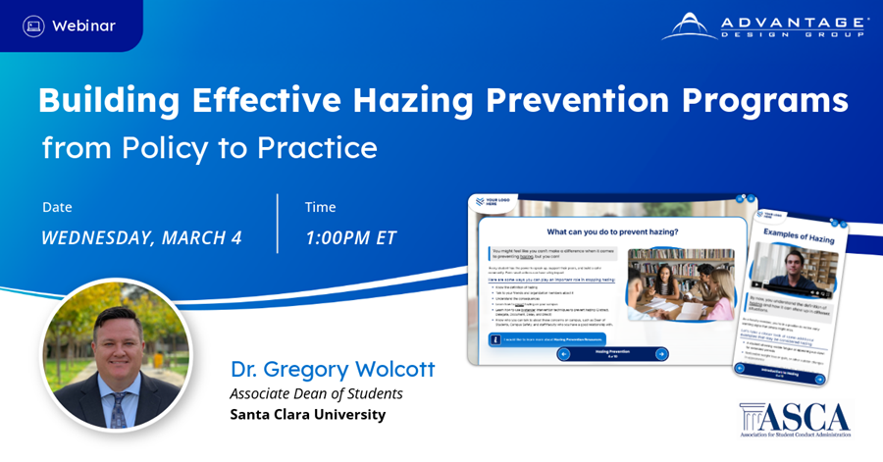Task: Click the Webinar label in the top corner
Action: pos(83,26)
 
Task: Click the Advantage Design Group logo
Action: pos(764,26)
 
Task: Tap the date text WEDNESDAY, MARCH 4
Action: pos(141,237)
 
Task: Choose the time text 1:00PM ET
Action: pos(350,237)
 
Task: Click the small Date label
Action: pos(58,207)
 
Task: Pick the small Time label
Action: pos(321,207)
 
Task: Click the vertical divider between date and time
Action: pos(278,223)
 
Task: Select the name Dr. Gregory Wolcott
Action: pos(333,370)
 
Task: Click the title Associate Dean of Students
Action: pos(316,393)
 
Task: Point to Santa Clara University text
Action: pos(307,415)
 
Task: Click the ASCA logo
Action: pos(795,418)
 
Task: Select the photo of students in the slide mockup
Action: pos(679,285)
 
